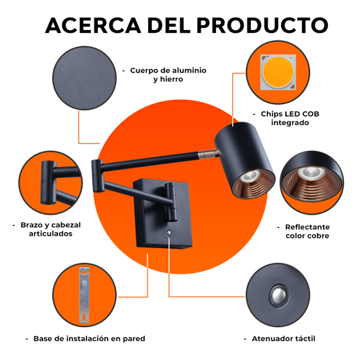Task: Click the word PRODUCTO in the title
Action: click(x=263, y=25)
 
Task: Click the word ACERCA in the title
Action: click(x=93, y=25)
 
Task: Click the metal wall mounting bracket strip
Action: click(x=84, y=295)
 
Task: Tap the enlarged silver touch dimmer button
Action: click(x=278, y=295)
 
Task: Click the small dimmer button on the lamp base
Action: click(x=168, y=233)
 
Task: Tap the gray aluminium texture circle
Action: click(x=85, y=78)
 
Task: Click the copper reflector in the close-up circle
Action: click(x=312, y=184)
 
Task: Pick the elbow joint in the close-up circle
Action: click(x=49, y=182)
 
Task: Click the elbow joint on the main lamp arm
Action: click(x=98, y=176)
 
